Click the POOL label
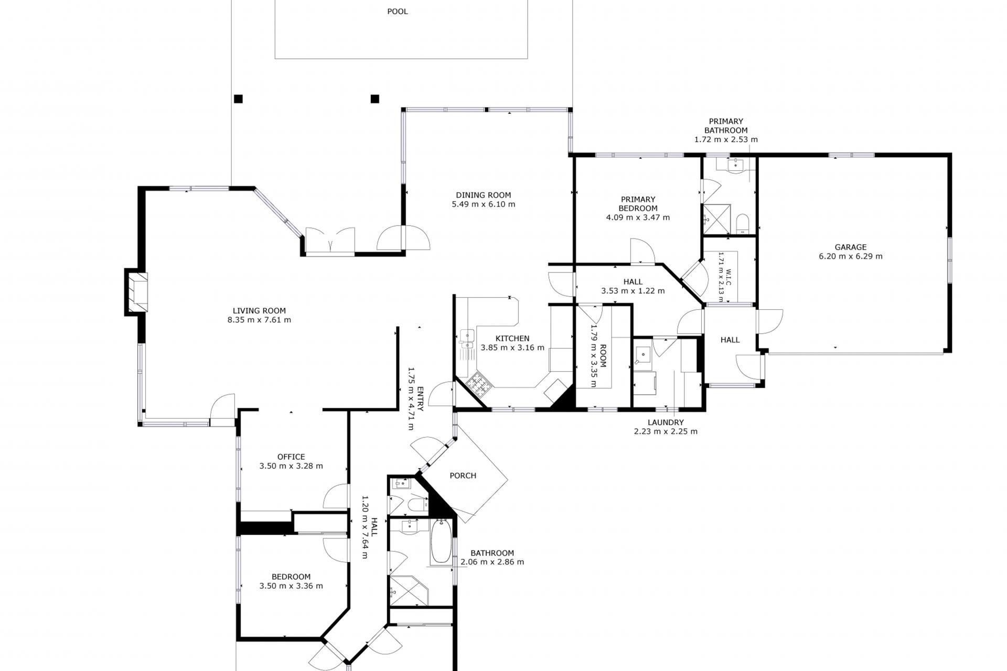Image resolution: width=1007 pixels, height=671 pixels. [397, 12]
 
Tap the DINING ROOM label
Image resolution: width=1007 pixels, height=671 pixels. [483, 195]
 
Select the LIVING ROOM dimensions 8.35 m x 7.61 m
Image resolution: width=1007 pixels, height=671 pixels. [259, 320]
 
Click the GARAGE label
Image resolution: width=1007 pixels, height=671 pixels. [850, 247]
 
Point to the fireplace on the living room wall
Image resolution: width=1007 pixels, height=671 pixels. [136, 292]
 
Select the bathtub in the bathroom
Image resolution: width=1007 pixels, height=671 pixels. [441, 542]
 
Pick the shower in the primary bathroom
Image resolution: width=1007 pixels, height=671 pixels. [716, 219]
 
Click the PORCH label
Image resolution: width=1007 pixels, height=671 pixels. [463, 475]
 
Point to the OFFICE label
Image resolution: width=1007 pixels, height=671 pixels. [291, 457]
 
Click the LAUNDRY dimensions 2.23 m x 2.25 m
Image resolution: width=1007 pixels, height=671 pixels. [666, 431]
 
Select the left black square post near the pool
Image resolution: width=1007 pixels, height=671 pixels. [238, 99]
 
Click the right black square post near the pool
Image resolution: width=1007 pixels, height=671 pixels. [375, 99]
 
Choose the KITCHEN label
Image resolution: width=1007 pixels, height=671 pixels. [512, 339]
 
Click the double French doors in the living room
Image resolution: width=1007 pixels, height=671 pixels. [330, 241]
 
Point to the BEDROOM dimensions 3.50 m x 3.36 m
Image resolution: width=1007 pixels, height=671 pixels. [291, 586]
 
